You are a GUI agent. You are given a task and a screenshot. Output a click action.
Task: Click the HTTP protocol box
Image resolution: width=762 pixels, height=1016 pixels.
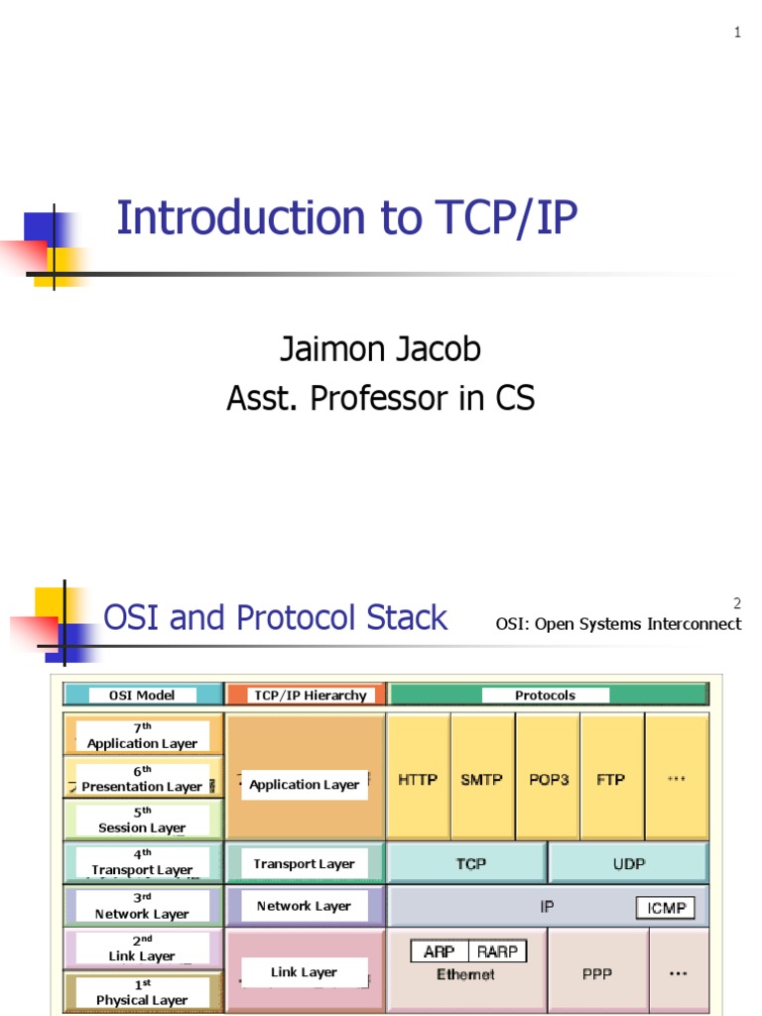[x=418, y=780]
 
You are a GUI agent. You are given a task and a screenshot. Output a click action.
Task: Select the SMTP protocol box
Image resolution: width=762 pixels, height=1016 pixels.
[x=482, y=780]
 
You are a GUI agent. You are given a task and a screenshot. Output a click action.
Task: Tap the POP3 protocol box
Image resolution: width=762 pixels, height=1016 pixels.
[x=548, y=780]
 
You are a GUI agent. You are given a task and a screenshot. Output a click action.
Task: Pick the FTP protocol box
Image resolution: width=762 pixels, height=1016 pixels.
[x=611, y=780]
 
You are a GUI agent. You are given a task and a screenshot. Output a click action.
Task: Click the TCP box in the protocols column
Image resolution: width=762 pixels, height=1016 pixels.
[x=470, y=864]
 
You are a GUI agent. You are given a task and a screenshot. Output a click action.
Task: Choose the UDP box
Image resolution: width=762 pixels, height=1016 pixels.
[x=629, y=864]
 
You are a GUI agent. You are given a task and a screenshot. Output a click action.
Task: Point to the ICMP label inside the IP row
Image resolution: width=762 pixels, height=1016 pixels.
[x=665, y=908]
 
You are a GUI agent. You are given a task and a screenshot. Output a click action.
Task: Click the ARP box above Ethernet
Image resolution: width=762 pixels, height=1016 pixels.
[x=439, y=952]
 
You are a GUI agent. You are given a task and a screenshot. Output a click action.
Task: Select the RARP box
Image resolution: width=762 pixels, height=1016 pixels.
[x=497, y=952]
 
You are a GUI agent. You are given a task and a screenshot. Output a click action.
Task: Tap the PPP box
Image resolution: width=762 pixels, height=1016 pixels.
[x=597, y=974]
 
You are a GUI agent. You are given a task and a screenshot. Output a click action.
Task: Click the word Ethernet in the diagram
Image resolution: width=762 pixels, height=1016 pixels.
[x=465, y=975]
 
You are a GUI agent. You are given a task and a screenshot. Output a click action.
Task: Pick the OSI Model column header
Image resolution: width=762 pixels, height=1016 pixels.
[x=141, y=696]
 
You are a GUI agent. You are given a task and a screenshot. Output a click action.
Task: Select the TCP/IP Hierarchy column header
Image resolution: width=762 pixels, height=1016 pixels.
[x=310, y=696]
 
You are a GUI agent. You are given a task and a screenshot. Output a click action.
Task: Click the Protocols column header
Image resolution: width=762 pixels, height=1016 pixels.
[x=545, y=696]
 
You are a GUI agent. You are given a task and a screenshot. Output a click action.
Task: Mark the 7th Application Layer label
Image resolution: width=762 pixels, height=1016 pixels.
[x=143, y=736]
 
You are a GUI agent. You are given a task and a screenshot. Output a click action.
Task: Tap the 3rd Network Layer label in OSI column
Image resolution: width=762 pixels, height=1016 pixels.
[x=142, y=906]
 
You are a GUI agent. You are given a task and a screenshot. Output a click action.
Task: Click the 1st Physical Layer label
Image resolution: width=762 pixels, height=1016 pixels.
[x=142, y=992]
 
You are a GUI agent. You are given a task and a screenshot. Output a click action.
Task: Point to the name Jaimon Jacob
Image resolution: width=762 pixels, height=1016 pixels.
[x=380, y=349]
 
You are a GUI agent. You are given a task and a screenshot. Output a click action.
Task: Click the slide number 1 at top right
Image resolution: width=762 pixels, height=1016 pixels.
[x=737, y=33]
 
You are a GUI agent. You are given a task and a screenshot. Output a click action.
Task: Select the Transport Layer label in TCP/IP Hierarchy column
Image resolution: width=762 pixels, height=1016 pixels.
[x=304, y=864]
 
